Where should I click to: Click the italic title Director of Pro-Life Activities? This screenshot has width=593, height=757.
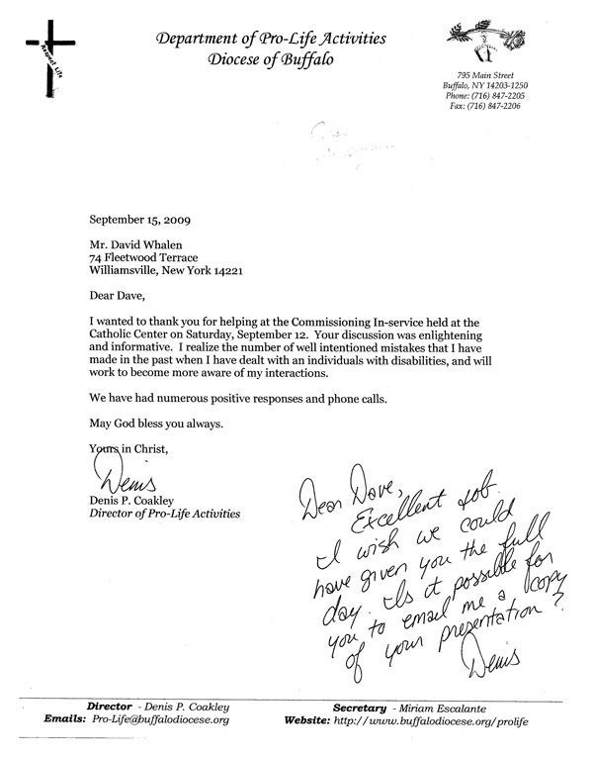163,515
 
